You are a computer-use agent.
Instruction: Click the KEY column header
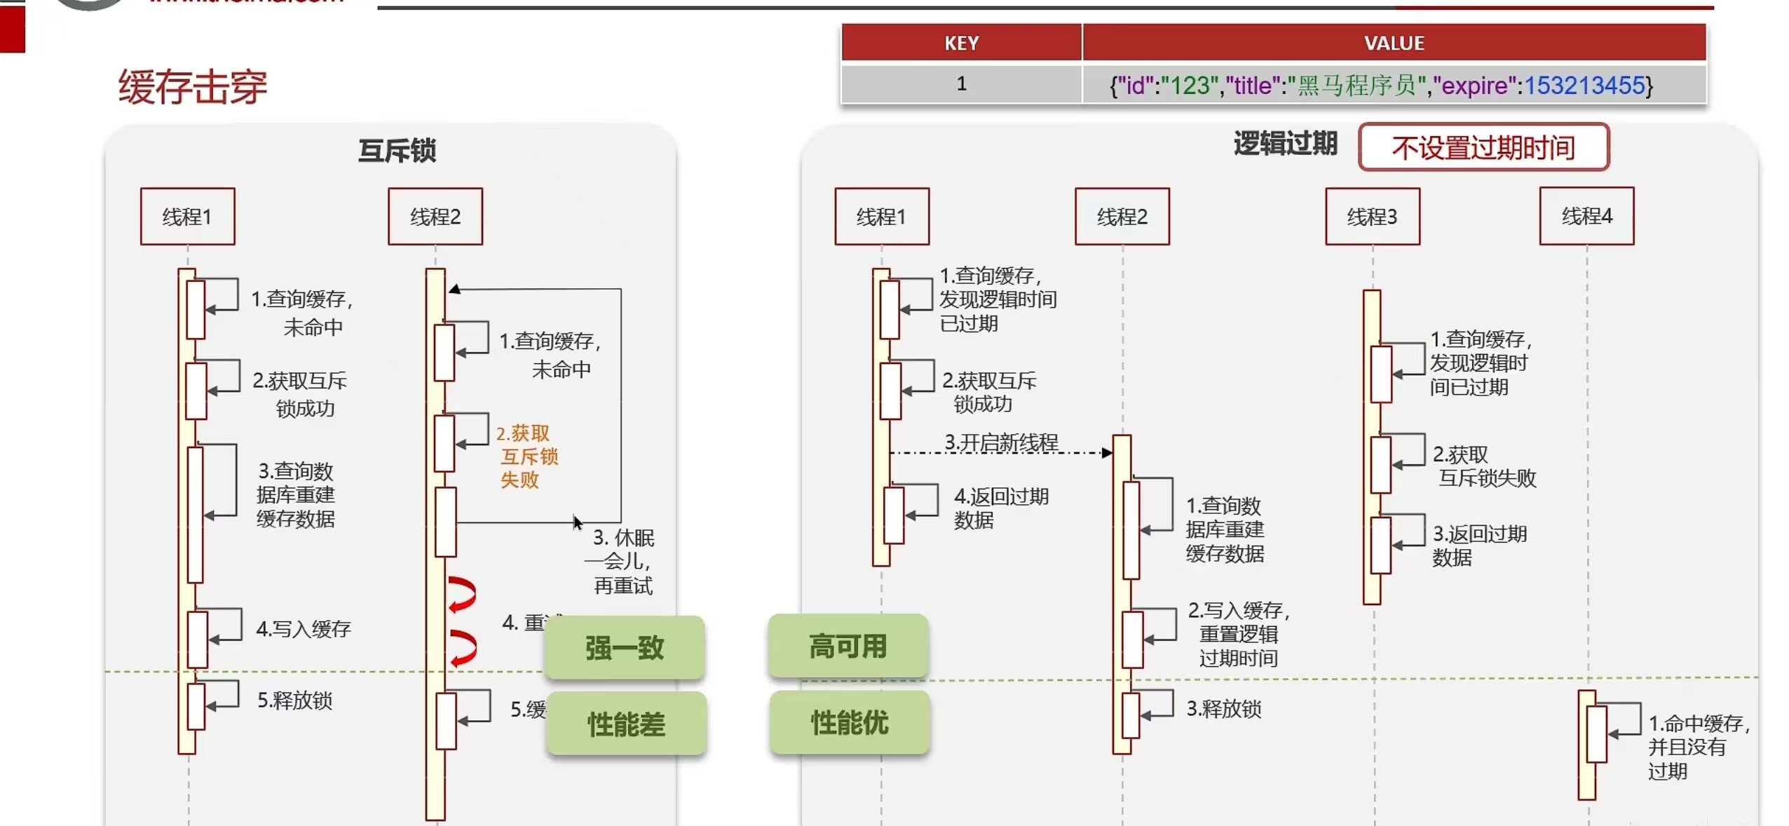click(960, 43)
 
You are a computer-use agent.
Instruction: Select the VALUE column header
click(1393, 43)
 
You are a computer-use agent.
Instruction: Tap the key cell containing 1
click(960, 84)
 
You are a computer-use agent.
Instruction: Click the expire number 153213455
click(1584, 86)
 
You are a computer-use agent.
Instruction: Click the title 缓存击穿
click(193, 87)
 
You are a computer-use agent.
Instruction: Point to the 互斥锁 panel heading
click(397, 151)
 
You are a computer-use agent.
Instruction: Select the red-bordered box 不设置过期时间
click(1483, 147)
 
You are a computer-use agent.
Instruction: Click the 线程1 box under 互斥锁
click(187, 217)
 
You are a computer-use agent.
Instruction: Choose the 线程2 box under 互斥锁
click(435, 217)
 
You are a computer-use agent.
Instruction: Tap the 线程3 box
click(1372, 217)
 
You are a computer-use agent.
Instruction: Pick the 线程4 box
click(1586, 216)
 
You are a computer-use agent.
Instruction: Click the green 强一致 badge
click(624, 647)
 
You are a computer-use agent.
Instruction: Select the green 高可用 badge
click(848, 646)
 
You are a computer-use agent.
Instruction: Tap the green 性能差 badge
click(626, 724)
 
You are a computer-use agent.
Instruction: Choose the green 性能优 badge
click(850, 722)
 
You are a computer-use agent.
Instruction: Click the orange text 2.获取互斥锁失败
click(526, 456)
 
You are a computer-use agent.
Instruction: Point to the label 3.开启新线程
click(1000, 442)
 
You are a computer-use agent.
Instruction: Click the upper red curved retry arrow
click(462, 594)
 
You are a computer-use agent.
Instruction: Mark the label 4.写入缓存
click(303, 629)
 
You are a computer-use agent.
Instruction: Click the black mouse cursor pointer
click(577, 523)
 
